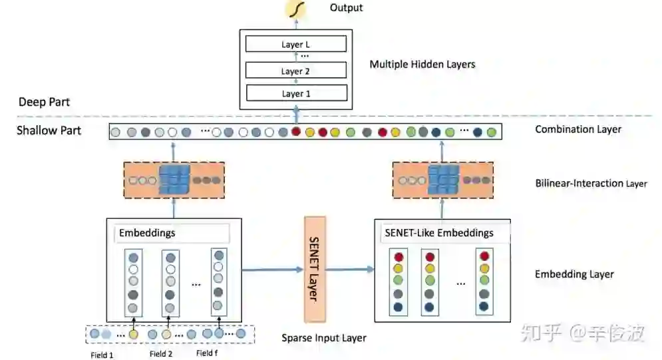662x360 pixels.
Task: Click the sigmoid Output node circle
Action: [x=293, y=9]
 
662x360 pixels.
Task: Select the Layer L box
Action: [x=296, y=45]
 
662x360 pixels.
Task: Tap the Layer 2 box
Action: [x=296, y=71]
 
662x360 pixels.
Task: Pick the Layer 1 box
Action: [x=296, y=93]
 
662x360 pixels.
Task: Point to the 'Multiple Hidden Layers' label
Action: [x=422, y=65]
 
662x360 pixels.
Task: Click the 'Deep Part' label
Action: [x=44, y=102]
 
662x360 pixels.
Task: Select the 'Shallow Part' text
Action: [x=49, y=130]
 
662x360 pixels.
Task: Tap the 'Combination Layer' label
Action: [x=578, y=129]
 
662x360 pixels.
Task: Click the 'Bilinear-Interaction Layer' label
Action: [x=591, y=183]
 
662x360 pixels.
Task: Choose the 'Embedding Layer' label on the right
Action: [x=574, y=273]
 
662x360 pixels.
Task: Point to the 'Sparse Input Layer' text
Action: [x=324, y=337]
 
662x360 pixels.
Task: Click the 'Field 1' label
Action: [x=102, y=355]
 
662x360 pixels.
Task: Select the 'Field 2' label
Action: [x=161, y=354]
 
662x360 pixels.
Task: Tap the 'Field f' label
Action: [x=207, y=353]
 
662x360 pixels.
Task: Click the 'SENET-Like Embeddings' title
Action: [x=438, y=233]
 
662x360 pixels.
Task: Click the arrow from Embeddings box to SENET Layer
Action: [x=272, y=270]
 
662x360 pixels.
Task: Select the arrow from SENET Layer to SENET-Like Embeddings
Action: [x=349, y=270]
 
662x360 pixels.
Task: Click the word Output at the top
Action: [x=346, y=8]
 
